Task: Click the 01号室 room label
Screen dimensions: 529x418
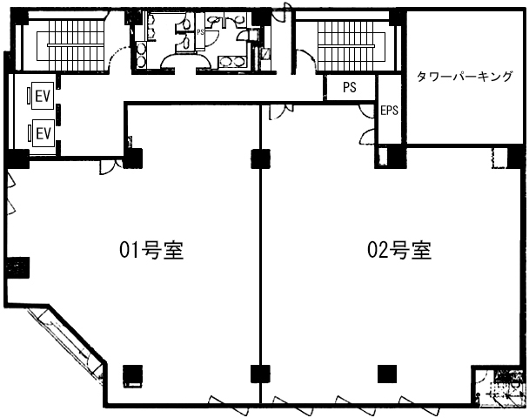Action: [151, 250]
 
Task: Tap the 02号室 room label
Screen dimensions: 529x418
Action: [399, 250]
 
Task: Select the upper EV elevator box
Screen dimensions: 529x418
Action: [43, 96]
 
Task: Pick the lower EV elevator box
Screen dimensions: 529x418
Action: [43, 133]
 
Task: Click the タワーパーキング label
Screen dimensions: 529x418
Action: [465, 77]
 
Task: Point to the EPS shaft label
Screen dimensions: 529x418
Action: [389, 110]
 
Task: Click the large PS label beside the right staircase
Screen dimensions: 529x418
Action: [350, 87]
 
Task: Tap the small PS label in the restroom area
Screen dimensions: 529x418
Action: [200, 32]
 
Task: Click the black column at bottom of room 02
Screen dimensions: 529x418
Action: [387, 374]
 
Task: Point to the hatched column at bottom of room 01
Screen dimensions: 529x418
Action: [132, 375]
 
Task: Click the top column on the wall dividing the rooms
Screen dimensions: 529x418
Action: [260, 158]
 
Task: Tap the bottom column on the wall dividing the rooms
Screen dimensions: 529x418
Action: [260, 374]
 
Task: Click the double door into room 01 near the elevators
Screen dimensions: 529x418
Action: [111, 166]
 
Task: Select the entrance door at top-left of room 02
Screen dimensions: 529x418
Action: [281, 111]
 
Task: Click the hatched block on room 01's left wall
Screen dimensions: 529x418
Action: [18, 267]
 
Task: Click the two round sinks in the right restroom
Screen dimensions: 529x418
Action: [231, 62]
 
